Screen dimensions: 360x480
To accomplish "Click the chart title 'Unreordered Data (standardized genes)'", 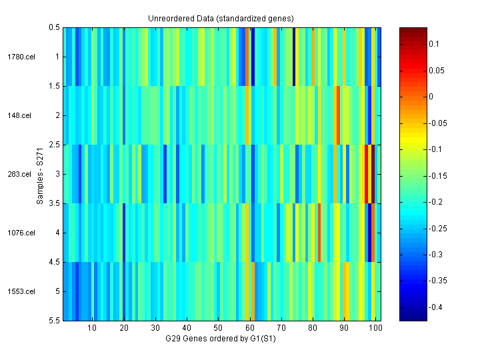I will pyautogui.click(x=221, y=18).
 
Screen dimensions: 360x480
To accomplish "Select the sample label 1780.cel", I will pyautogui.click(x=19, y=57).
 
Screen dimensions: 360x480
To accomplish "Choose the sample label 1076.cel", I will pyautogui.click(x=19, y=233).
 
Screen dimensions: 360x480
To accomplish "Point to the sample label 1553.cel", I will pyautogui.click(x=19, y=291).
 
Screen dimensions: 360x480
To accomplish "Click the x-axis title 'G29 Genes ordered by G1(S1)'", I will pyautogui.click(x=221, y=339).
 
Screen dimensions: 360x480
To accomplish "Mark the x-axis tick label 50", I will pyautogui.click(x=218, y=329).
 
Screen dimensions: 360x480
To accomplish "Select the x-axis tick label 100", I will pyautogui.click(x=375, y=329).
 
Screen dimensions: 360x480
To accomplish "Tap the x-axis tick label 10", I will pyautogui.click(x=92, y=329).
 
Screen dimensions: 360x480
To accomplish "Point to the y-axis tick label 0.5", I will pyautogui.click(x=55, y=28).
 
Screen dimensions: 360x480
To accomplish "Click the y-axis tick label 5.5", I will pyautogui.click(x=55, y=321).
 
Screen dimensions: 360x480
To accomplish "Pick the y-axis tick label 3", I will pyautogui.click(x=57, y=174).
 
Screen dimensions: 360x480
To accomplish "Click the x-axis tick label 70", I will pyautogui.click(x=281, y=329).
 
